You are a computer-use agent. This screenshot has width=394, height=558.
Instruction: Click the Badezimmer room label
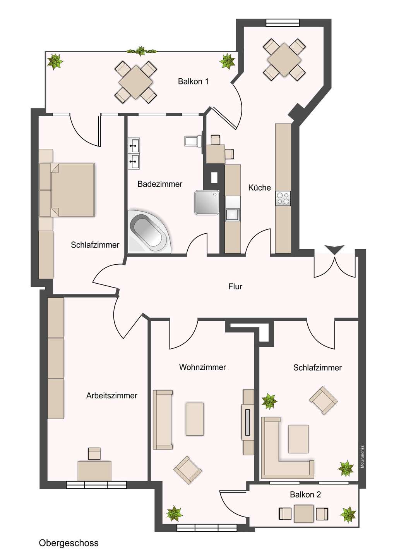tap(160, 184)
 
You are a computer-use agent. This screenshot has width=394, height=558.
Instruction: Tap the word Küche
tap(259, 188)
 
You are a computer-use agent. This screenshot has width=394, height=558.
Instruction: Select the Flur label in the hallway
tap(235, 286)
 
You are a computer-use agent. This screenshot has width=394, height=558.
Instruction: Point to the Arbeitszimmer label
tap(111, 396)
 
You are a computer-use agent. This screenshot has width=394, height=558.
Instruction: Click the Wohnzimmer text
tap(202, 367)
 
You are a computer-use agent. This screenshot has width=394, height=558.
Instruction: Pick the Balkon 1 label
tap(193, 81)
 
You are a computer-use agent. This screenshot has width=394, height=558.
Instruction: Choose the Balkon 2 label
tap(305, 494)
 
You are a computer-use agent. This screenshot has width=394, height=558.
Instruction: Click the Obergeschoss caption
tap(69, 543)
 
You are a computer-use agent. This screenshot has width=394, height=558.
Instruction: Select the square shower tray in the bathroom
tap(207, 202)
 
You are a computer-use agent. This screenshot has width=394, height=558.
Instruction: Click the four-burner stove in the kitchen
tap(283, 198)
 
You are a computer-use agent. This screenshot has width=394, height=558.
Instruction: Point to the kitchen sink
tap(233, 214)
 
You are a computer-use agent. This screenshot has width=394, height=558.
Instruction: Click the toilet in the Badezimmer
tap(193, 141)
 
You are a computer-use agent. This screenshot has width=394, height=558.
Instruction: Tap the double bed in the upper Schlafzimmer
tap(72, 190)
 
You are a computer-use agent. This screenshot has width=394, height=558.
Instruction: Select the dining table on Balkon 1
tap(136, 82)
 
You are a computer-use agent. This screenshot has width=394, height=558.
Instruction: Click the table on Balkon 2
tap(303, 514)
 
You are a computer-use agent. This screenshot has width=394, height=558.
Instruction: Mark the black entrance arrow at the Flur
tap(334, 249)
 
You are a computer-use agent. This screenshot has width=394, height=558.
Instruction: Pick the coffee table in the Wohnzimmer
tap(195, 419)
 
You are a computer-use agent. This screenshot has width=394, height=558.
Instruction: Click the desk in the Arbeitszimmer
tap(94, 470)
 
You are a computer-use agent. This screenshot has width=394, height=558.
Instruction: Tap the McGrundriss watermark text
tap(363, 456)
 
